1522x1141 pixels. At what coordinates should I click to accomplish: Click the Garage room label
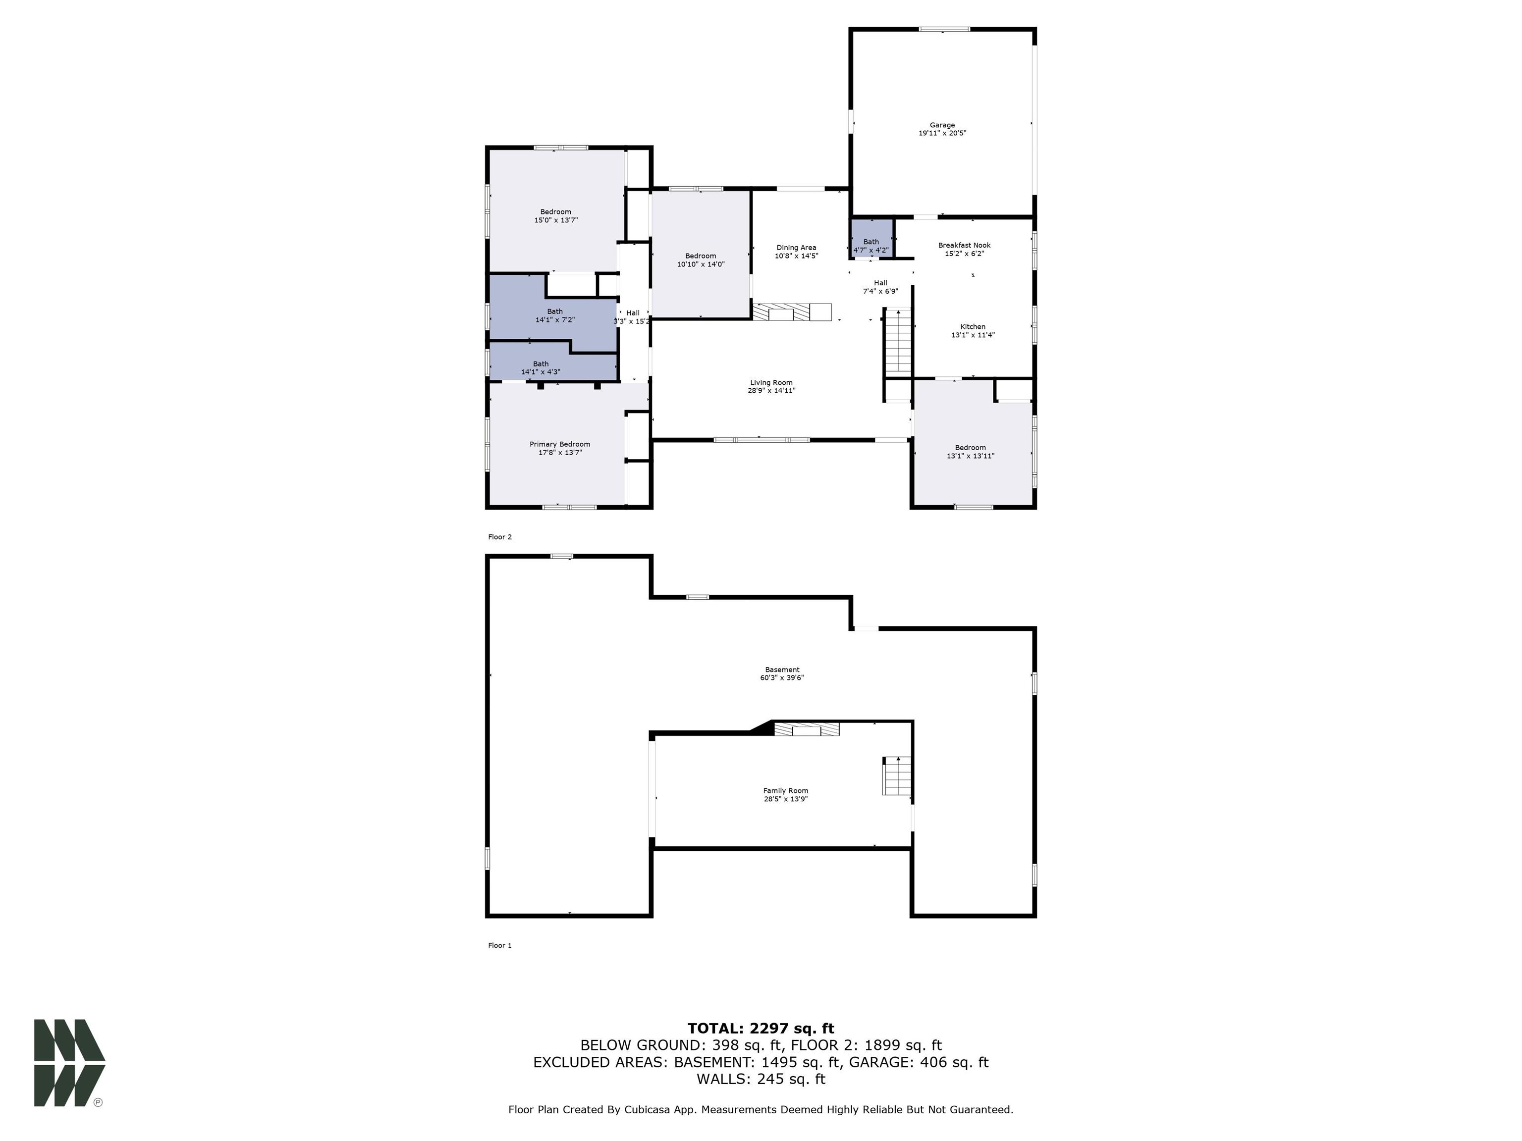pyautogui.click(x=942, y=126)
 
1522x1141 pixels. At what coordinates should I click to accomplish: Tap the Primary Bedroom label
pyautogui.click(x=559, y=444)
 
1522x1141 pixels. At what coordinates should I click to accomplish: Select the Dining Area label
pyautogui.click(x=796, y=248)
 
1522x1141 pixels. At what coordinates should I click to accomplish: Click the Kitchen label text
pyautogui.click(x=972, y=327)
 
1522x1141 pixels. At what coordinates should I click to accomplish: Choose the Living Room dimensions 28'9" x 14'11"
pyautogui.click(x=771, y=391)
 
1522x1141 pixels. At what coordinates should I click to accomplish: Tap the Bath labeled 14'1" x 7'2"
pyautogui.click(x=554, y=315)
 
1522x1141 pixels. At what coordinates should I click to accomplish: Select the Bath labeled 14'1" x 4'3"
pyautogui.click(x=541, y=368)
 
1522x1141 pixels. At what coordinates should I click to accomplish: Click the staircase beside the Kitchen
pyautogui.click(x=897, y=342)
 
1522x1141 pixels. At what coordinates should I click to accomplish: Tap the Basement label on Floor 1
pyautogui.click(x=782, y=670)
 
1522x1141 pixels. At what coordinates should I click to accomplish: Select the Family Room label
pyautogui.click(x=785, y=791)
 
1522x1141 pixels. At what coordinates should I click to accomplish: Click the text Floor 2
pyautogui.click(x=499, y=537)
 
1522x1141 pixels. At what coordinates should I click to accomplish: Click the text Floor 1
pyautogui.click(x=499, y=946)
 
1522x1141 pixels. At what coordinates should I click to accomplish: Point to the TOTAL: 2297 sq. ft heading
pyautogui.click(x=761, y=1028)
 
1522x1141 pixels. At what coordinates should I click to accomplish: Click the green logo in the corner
pyautogui.click(x=69, y=1063)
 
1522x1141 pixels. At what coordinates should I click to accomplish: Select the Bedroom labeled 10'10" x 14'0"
pyautogui.click(x=701, y=260)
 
